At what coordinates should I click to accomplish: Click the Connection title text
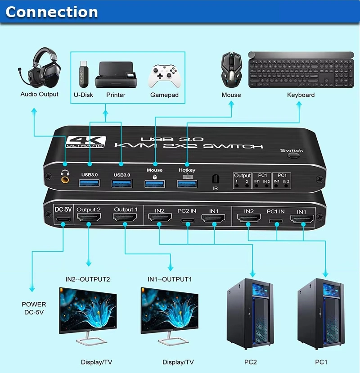pyautogui.click(x=51, y=12)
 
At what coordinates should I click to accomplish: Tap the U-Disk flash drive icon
pyautogui.click(x=83, y=75)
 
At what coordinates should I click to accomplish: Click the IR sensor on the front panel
pyautogui.click(x=215, y=179)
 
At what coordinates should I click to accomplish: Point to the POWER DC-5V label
pyautogui.click(x=34, y=308)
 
